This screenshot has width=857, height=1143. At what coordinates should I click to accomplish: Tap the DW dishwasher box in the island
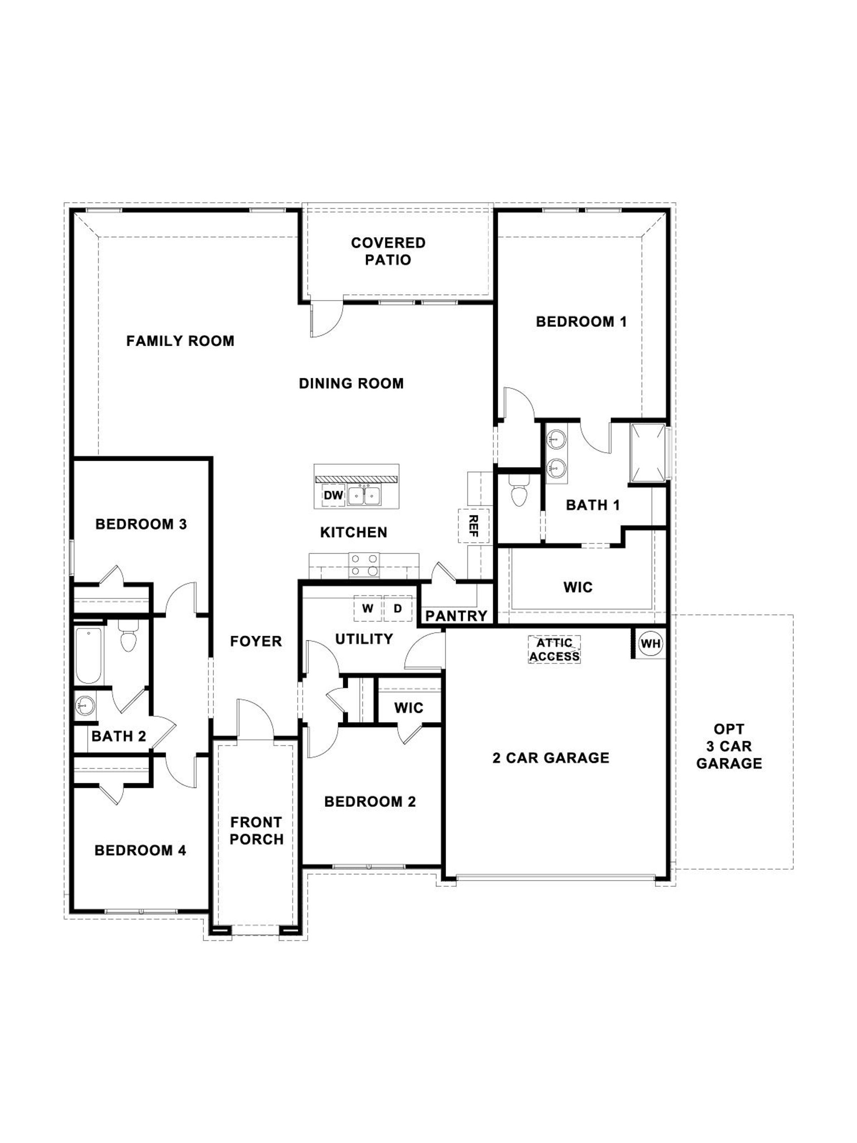coord(333,495)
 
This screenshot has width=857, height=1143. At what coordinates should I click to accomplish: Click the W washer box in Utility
coord(367,608)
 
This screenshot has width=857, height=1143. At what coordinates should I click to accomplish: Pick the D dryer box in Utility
coord(397,608)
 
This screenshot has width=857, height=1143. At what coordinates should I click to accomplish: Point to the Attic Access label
coord(554,650)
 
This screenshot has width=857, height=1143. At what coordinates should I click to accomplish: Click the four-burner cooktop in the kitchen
coord(364,565)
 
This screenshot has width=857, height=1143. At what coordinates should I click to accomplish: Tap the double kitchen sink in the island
coord(364,496)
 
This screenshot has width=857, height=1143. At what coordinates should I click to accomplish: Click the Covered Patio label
coord(388,251)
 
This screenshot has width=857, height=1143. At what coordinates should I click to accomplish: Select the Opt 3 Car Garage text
coord(729,746)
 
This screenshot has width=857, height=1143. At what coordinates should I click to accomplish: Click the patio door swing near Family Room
coord(326,319)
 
